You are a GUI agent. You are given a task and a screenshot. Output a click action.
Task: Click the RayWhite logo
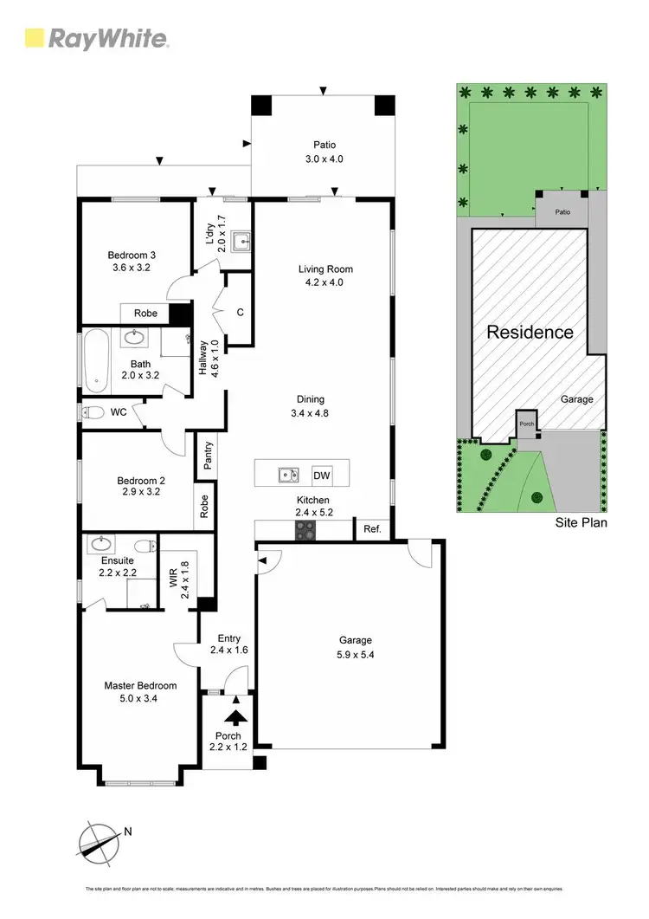pyautogui.click(x=96, y=38)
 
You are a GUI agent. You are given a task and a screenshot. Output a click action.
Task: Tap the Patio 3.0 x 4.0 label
pyautogui.click(x=324, y=152)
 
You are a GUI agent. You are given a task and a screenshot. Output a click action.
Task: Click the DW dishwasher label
pyautogui.click(x=322, y=476)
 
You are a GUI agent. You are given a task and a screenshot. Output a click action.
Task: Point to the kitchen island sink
pyautogui.click(x=288, y=475)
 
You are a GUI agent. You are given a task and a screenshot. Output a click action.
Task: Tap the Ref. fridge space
pyautogui.click(x=372, y=529)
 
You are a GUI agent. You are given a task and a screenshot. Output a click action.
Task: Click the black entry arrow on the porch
pyautogui.click(x=234, y=715)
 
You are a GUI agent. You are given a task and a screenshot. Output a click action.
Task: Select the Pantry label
pyautogui.click(x=208, y=456)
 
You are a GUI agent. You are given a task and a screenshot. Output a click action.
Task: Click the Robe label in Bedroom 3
pyautogui.click(x=145, y=313)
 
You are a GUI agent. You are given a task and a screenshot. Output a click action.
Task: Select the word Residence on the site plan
pyautogui.click(x=530, y=332)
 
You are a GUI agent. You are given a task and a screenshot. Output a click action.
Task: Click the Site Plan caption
pyautogui.click(x=581, y=523)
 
